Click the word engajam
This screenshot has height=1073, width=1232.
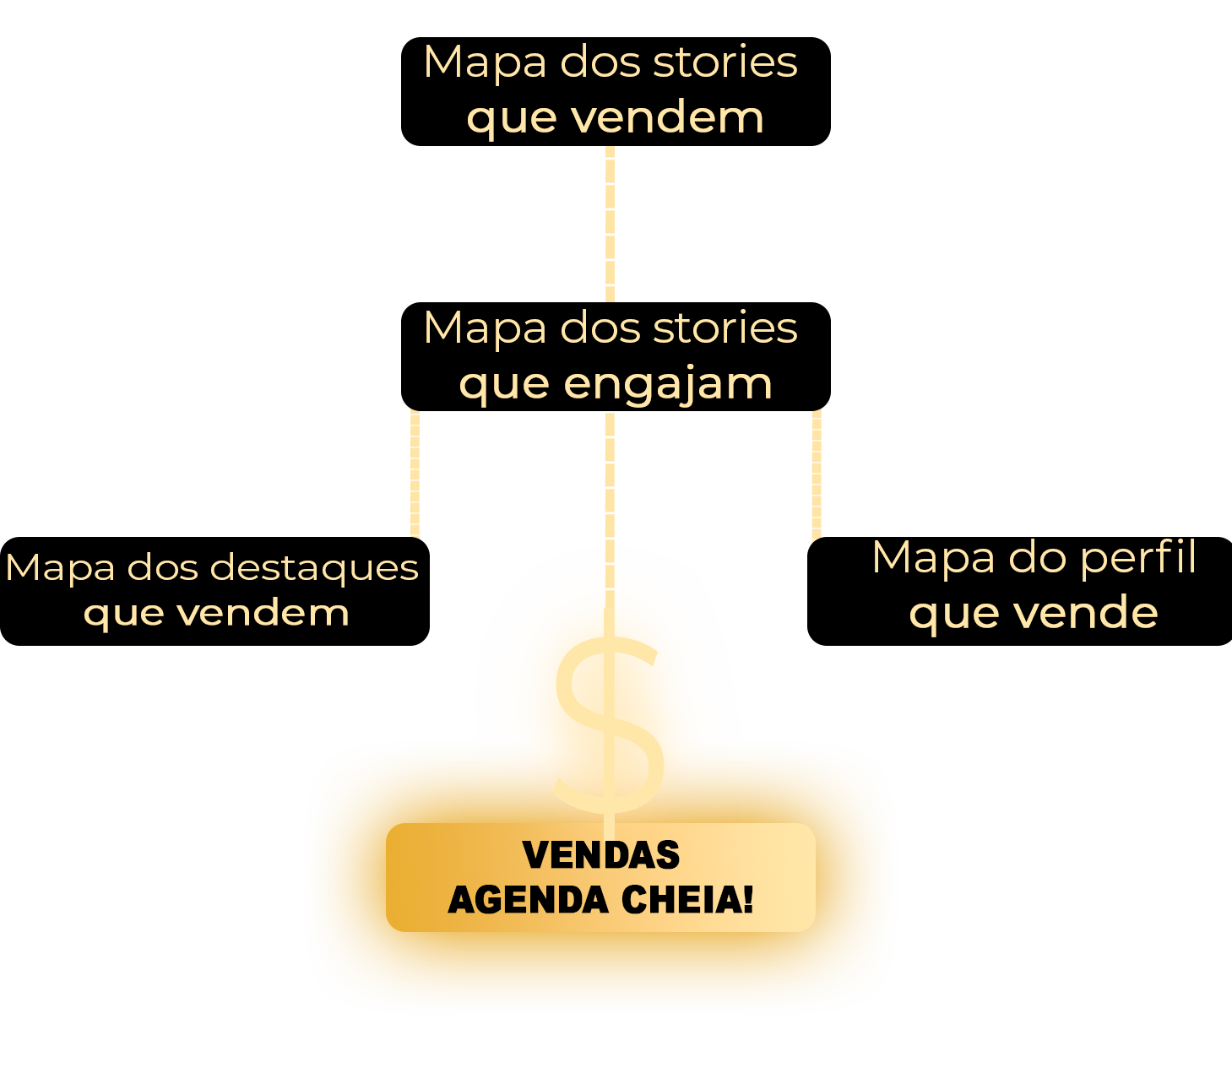point(667,384)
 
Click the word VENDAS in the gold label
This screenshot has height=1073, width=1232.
point(601,855)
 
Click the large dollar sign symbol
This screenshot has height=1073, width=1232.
point(608,718)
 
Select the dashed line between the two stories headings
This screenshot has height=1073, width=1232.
point(610,224)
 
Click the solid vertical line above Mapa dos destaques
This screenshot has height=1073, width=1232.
point(415,473)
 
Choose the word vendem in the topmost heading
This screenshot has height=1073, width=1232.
point(667,117)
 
